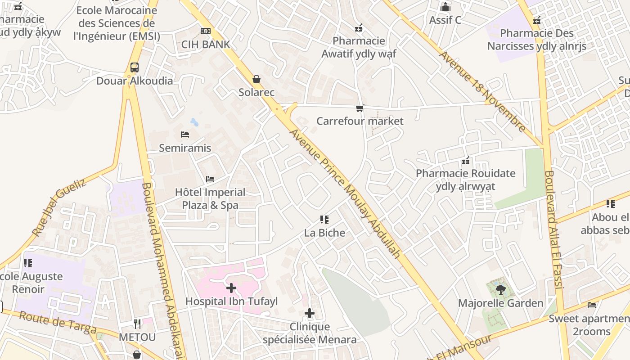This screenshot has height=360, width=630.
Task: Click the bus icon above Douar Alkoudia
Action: (x=134, y=67)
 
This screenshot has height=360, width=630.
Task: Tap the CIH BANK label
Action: (x=206, y=44)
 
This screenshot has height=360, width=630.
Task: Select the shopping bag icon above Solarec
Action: (x=256, y=80)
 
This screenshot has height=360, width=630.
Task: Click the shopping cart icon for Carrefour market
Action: (x=360, y=108)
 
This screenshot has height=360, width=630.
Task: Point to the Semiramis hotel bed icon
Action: (x=184, y=135)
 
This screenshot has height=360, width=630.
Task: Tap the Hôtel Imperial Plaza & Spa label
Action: (x=210, y=198)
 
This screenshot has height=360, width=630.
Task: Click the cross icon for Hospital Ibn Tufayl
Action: (x=231, y=288)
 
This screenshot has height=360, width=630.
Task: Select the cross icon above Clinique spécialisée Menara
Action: (x=310, y=313)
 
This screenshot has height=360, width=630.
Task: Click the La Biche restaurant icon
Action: (x=324, y=220)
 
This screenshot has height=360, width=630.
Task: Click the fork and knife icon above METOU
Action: (x=137, y=324)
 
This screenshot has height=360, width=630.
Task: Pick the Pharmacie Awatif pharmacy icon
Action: (x=359, y=28)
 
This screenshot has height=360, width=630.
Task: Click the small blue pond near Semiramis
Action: (x=194, y=122)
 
